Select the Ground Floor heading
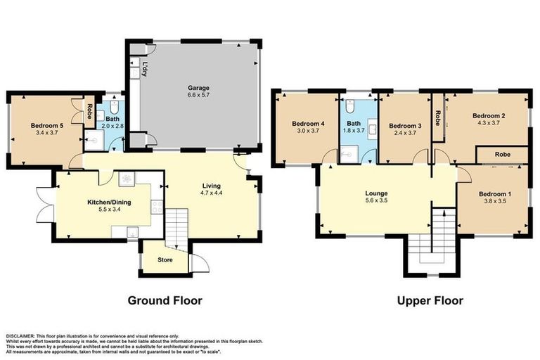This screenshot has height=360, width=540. click(x=165, y=300)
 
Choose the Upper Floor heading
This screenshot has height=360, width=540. click(x=430, y=300)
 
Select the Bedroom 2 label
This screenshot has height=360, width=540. click(x=489, y=115)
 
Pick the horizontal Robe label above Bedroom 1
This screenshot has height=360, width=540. click(x=502, y=153)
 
